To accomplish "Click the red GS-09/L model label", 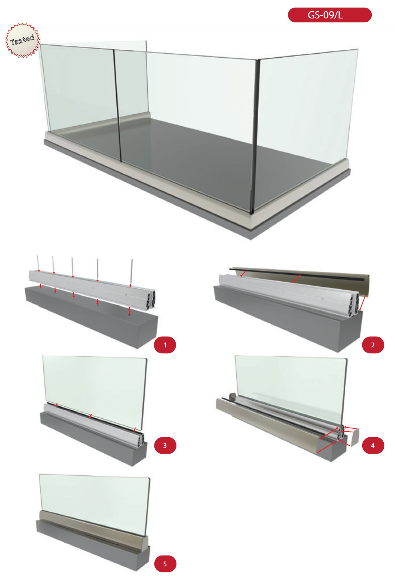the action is pos(329,15).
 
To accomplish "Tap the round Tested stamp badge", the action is pos(22,40).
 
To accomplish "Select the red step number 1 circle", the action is pos(165,345).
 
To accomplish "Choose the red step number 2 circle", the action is pos(373,345).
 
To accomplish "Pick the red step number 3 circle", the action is pos(165,446).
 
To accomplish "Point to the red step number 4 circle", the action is pos(373,446).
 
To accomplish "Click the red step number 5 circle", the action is pos(165,564).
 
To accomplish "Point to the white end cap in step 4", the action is pos(354,437).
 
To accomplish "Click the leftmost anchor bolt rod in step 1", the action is pos(38,263).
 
